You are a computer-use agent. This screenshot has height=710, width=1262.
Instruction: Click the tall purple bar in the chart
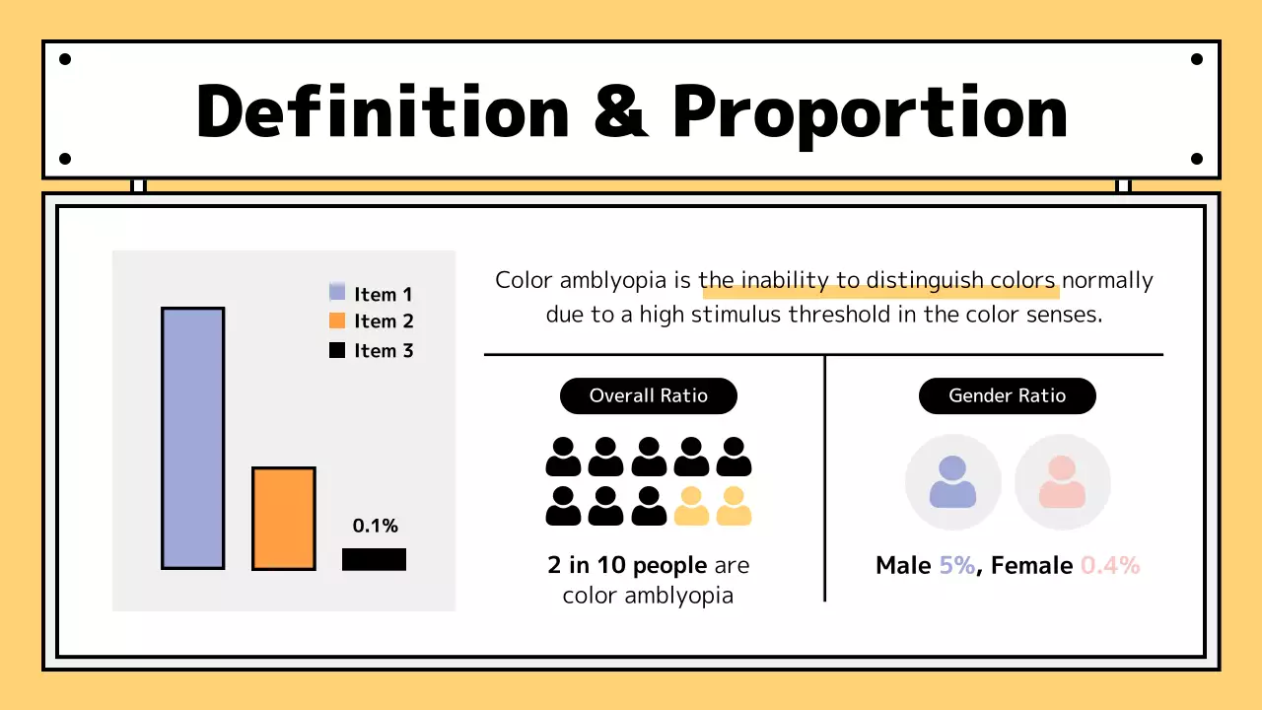tap(193, 438)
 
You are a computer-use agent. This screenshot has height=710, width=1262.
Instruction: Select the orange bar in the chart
tap(284, 518)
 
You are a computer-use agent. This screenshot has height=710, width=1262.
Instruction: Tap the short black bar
tap(374, 559)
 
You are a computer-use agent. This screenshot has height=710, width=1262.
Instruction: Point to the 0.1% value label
tap(375, 526)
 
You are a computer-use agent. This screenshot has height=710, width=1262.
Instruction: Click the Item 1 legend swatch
tap(337, 293)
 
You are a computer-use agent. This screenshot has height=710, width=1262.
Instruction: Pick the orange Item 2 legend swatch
tap(337, 320)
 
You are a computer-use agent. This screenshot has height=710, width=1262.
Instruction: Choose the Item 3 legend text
tap(384, 350)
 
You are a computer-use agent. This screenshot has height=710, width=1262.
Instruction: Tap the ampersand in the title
tap(621, 110)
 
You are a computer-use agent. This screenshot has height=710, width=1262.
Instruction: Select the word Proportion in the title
tap(870, 110)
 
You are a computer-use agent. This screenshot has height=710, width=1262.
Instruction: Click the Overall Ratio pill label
tap(648, 395)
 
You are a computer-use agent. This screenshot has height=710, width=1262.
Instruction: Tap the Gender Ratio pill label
tap(1007, 395)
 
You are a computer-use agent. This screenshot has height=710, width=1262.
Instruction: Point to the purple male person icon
tap(952, 482)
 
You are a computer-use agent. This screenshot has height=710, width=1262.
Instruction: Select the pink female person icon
tap(1062, 482)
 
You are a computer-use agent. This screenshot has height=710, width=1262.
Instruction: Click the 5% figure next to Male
tap(956, 565)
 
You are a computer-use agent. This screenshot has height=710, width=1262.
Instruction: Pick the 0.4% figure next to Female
tap(1110, 565)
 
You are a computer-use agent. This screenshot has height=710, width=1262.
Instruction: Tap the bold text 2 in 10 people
tap(627, 565)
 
